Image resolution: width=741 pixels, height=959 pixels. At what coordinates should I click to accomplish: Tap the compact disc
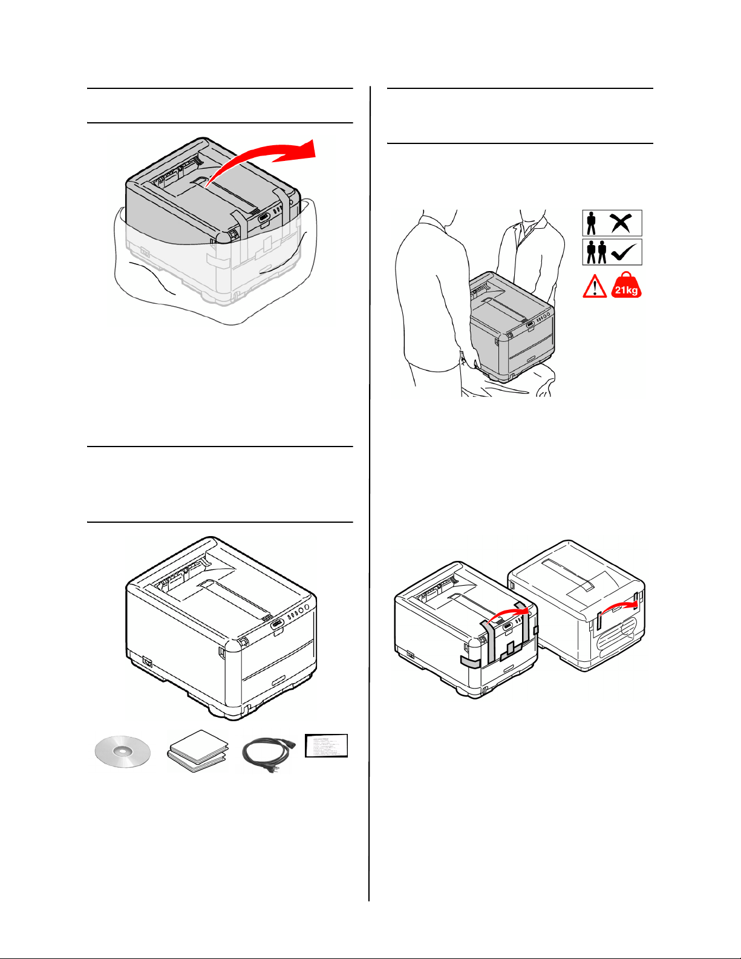pos(122,752)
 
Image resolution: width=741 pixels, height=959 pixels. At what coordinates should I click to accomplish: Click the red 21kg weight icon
pos(626,286)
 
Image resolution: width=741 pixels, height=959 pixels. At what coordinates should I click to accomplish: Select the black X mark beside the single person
pos(621,223)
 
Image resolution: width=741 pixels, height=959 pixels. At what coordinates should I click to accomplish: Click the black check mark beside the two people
pos(624,252)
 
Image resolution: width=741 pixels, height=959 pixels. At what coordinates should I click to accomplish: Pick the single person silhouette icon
pos(592,223)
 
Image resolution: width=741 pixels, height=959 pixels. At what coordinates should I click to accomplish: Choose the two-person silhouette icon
pos(596,252)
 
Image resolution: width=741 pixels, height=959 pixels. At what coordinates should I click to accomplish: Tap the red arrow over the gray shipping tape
pos(508,612)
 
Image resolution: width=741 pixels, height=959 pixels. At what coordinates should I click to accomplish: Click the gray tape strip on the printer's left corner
pos(470,663)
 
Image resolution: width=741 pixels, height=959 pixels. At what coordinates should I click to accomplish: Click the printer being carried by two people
pos(511,327)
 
